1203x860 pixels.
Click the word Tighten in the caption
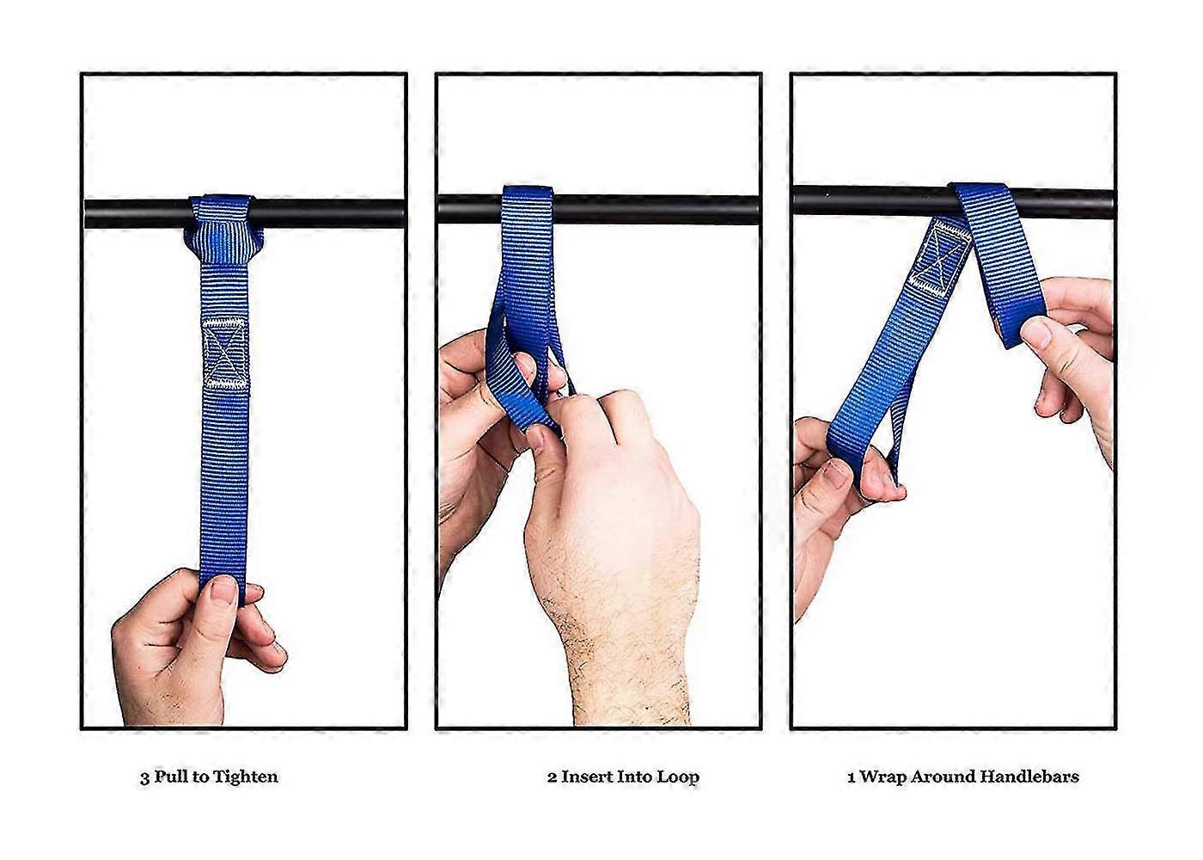coord(245,777)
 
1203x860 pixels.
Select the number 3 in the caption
coord(144,778)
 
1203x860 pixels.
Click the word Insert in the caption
coord(587,777)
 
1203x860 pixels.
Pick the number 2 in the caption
coord(552,777)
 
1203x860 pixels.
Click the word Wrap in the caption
coord(883,777)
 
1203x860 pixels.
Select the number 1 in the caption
coord(852,777)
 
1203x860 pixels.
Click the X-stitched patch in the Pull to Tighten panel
coord(225,353)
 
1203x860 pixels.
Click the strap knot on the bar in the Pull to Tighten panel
coord(223,230)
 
